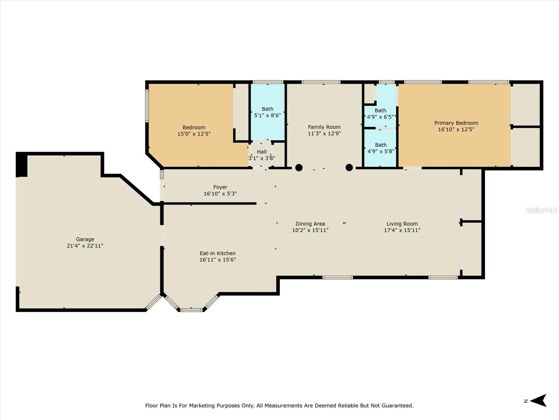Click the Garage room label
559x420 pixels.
pyautogui.click(x=85, y=239)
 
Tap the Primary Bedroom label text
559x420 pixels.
pyautogui.click(x=456, y=123)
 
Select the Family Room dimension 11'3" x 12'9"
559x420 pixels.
pyautogui.click(x=324, y=133)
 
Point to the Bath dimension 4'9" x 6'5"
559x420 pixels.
pyautogui.click(x=380, y=117)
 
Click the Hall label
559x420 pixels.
pyautogui.click(x=262, y=152)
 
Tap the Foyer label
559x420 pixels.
pyautogui.click(x=220, y=187)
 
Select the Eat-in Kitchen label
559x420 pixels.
pyautogui.click(x=218, y=253)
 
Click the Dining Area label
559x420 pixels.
pyautogui.click(x=310, y=224)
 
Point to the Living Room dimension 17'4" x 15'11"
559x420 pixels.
pyautogui.click(x=402, y=230)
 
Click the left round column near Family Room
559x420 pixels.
pyautogui.click(x=299, y=168)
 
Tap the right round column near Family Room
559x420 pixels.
pyautogui.click(x=349, y=168)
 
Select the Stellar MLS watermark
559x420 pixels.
pyautogui.click(x=542, y=210)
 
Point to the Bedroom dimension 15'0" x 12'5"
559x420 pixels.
pyautogui.click(x=194, y=134)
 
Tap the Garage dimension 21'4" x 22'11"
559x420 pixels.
pyautogui.click(x=85, y=246)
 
